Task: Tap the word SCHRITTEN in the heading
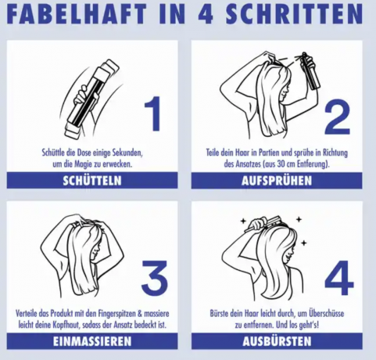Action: pyautogui.click(x=295, y=13)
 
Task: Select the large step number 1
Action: pyautogui.click(x=152, y=114)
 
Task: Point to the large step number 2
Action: pyautogui.click(x=337, y=117)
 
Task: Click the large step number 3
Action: pyautogui.click(x=154, y=277)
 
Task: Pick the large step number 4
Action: pyautogui.click(x=339, y=278)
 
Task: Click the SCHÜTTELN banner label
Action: pyautogui.click(x=92, y=181)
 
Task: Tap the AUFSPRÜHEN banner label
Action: pyautogui.click(x=277, y=181)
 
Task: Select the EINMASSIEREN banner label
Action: pyautogui.click(x=92, y=341)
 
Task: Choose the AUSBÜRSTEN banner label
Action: pyautogui.click(x=277, y=341)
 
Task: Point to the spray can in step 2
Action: pyautogui.click(x=310, y=71)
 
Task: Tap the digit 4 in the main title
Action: pyautogui.click(x=206, y=14)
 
